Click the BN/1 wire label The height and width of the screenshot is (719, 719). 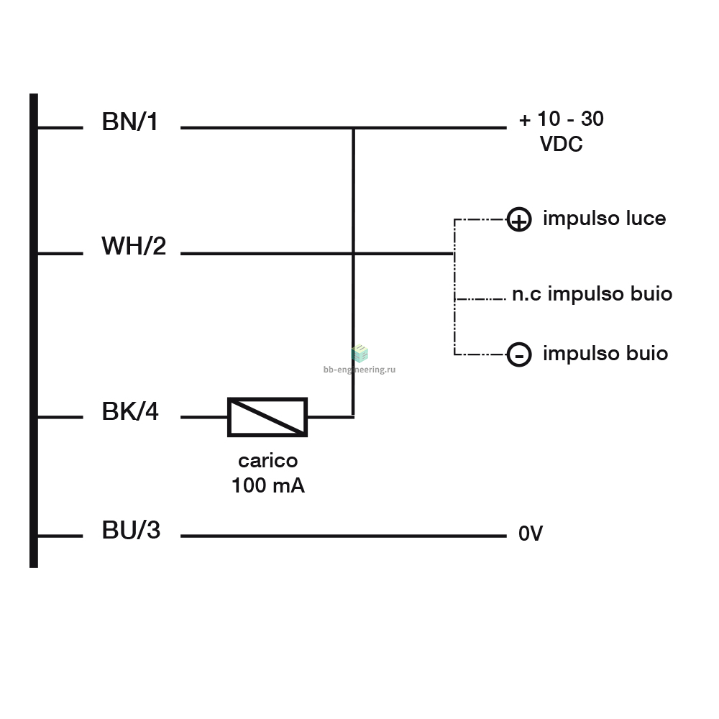(x=129, y=122)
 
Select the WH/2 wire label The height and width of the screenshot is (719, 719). (x=134, y=246)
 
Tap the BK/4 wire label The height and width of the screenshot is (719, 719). (x=130, y=411)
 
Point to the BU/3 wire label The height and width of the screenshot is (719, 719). (x=131, y=530)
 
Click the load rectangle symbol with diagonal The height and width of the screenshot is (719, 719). (x=267, y=417)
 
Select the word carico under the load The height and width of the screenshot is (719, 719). (x=267, y=461)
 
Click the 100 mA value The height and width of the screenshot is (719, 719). (x=268, y=485)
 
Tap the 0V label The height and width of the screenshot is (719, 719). (x=531, y=533)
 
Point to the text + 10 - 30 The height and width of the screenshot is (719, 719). (x=562, y=119)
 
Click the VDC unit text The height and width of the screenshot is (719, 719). (x=562, y=144)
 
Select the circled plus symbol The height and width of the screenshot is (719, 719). (x=519, y=219)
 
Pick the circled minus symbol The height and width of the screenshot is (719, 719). (x=519, y=354)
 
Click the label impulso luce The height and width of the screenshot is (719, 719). (x=605, y=219)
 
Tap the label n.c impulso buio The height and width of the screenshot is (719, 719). (x=592, y=293)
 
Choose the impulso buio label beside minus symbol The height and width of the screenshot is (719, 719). (x=605, y=354)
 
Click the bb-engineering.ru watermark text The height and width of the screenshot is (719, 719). (x=359, y=369)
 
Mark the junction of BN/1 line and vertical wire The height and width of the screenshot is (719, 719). (x=354, y=128)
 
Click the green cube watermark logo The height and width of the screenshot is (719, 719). (x=359, y=354)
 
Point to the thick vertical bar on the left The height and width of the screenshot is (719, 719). (x=34, y=331)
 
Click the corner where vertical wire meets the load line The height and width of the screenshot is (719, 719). (x=354, y=417)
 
